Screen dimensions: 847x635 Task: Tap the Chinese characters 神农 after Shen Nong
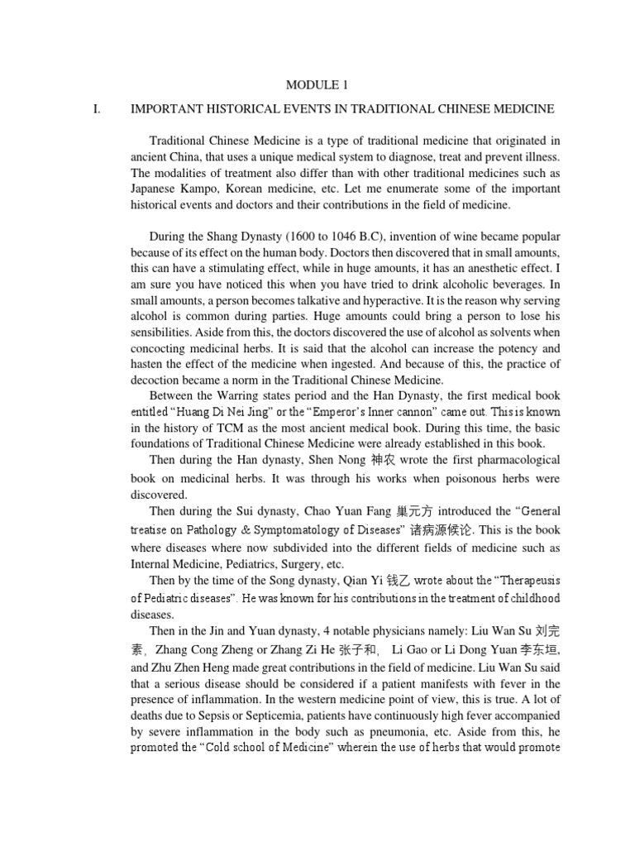coord(358,459)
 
